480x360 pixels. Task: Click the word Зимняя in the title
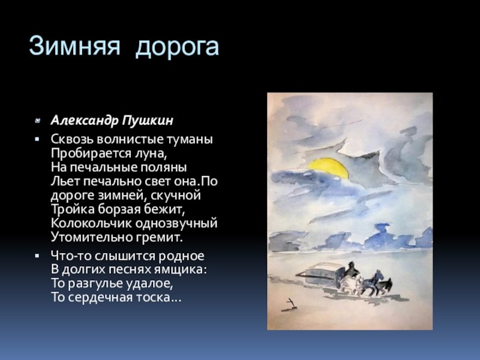tap(74, 46)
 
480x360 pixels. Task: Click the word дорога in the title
tap(177, 48)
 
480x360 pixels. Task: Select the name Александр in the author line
tap(85, 121)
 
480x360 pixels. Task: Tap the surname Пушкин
tap(148, 121)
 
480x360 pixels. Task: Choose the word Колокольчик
tap(91, 223)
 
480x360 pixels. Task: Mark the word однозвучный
tap(176, 223)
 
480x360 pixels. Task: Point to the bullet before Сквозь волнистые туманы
tap(37, 139)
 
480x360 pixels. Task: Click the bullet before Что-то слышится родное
tap(37, 256)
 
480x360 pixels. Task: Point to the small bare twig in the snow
tap(290, 304)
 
